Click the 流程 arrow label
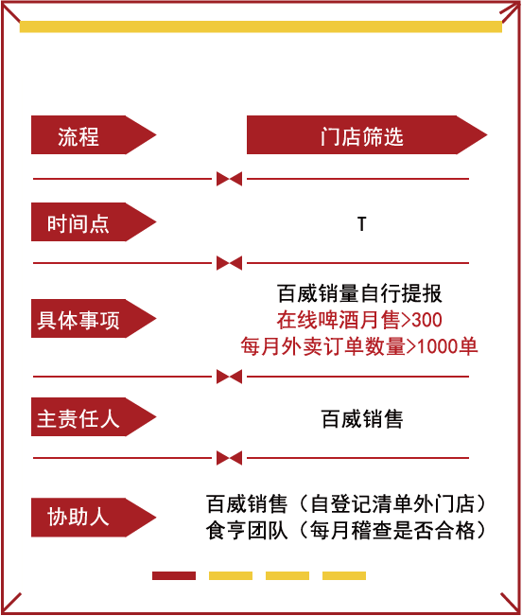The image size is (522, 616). click(x=94, y=134)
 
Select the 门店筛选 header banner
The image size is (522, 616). click(x=367, y=134)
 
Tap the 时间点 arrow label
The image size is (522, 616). click(x=94, y=222)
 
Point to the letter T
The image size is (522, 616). click(x=362, y=223)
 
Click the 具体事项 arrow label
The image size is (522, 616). click(x=94, y=319)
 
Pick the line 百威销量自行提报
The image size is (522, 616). click(x=359, y=293)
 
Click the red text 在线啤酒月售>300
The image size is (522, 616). click(x=359, y=320)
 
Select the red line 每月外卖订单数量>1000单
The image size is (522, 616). click(x=359, y=346)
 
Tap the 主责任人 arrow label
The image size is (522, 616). click(x=94, y=417)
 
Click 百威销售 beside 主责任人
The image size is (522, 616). click(x=362, y=419)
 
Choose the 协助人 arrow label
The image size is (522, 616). click(x=94, y=518)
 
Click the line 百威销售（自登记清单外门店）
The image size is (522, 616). click(x=346, y=504)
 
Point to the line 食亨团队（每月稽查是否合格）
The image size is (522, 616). click(x=346, y=530)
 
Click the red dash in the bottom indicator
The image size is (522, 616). click(x=174, y=575)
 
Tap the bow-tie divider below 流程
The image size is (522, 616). click(x=229, y=179)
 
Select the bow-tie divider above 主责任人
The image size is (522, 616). click(x=229, y=377)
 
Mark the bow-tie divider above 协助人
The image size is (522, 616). click(x=229, y=458)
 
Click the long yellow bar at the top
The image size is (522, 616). click(x=261, y=26)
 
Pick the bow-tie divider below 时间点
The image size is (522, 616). click(x=229, y=263)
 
